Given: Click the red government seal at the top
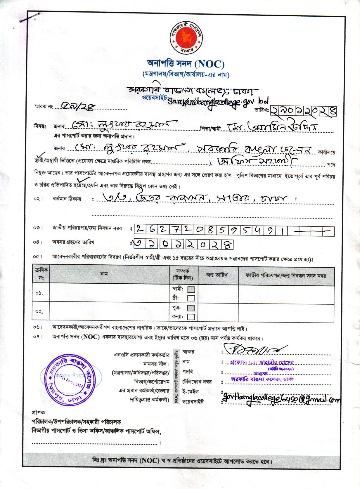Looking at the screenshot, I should tap(186, 38).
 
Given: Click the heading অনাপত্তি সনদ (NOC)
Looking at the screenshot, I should tap(186, 63).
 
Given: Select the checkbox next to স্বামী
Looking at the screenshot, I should tap(191, 289).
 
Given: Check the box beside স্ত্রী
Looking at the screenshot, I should tap(191, 298).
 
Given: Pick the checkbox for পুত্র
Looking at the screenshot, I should tap(191, 308).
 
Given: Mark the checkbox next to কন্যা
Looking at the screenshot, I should tap(191, 317).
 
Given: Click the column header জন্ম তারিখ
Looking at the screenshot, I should tap(217, 275).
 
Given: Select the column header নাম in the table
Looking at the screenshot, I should tap(104, 274).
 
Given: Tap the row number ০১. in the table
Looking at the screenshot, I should tap(39, 293).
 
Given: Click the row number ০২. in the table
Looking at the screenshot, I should tap(39, 312).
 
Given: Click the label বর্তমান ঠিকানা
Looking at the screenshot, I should tap(67, 199).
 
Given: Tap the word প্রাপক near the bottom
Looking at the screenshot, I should tap(38, 413).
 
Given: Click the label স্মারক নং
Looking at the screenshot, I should tap(43, 107).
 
